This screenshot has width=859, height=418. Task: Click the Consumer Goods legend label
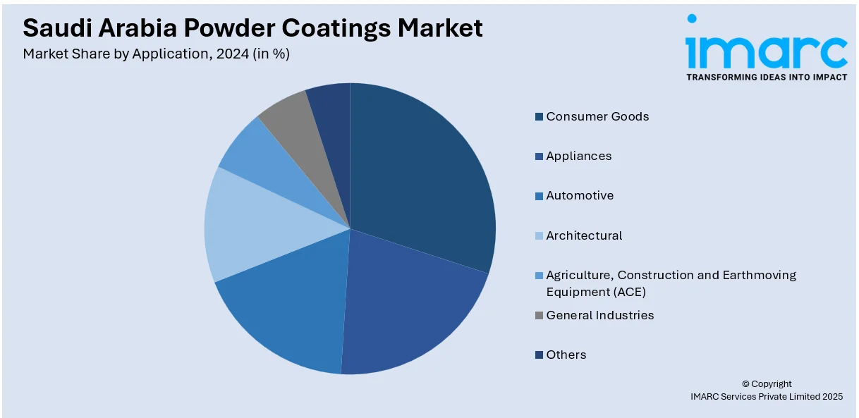point(597,116)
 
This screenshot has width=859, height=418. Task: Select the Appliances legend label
point(578,156)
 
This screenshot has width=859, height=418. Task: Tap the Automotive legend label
point(580,195)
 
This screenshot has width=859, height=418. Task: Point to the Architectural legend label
point(584,235)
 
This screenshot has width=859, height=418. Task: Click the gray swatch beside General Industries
point(540,316)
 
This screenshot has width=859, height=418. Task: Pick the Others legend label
point(566,355)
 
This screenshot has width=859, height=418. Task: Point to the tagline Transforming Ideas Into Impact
point(766,77)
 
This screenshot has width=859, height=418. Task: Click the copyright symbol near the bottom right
point(745,384)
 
